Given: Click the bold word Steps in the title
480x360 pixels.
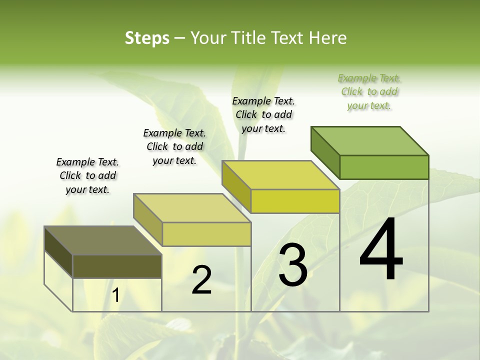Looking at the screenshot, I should [x=147, y=38].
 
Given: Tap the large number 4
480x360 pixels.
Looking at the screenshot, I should [x=381, y=249].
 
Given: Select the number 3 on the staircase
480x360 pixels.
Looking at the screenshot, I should [x=293, y=265].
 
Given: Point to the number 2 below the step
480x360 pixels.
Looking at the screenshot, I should [x=201, y=280].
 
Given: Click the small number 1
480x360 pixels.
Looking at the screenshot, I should [x=115, y=295].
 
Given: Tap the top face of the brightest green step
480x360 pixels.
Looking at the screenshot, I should [x=370, y=141].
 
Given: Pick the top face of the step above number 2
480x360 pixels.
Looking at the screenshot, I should [x=192, y=208].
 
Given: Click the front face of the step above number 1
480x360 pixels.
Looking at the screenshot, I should [x=117, y=266].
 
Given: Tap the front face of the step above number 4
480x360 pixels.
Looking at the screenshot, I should [x=384, y=167].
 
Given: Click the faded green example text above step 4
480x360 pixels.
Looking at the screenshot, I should [x=369, y=91].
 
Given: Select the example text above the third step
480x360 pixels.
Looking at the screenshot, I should [x=263, y=114].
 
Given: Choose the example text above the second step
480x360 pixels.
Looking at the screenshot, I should [x=174, y=146].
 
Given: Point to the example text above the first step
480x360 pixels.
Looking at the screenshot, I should [x=87, y=175].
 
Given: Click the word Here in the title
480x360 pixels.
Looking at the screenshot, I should [x=328, y=38].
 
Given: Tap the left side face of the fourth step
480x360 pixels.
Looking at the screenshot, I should [x=325, y=152].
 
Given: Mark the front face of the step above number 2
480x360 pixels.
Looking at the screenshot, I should [x=206, y=234].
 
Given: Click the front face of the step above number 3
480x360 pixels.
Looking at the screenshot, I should [x=295, y=201].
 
